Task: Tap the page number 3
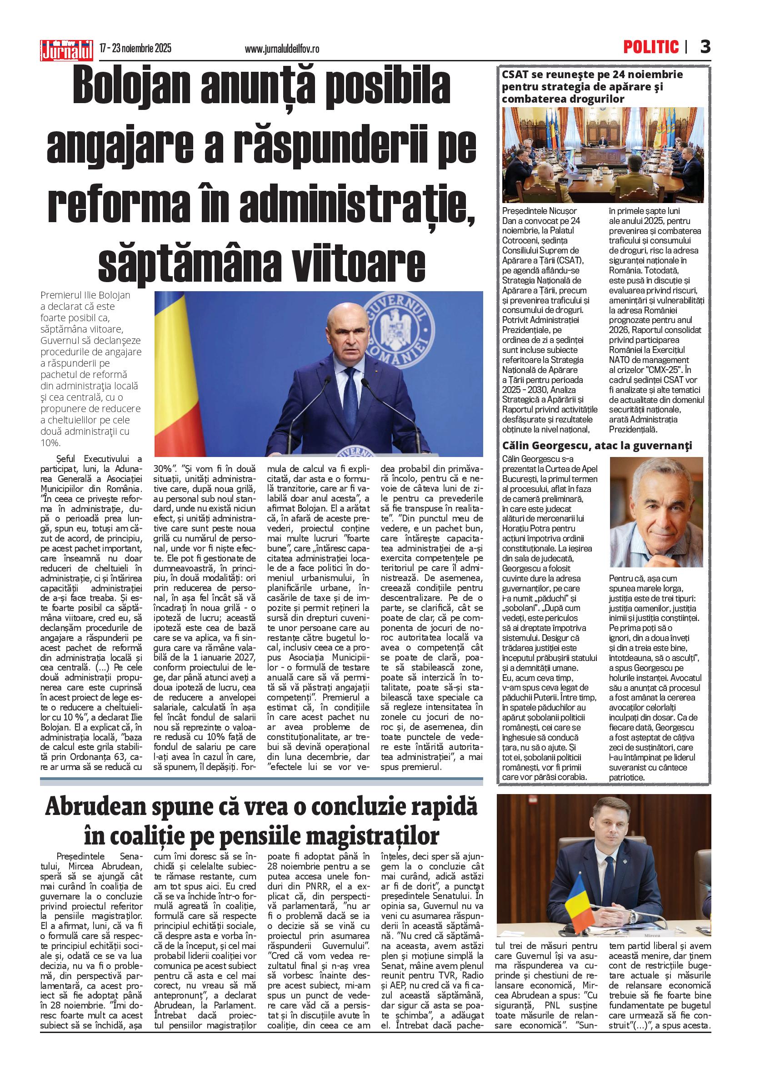coord(705,47)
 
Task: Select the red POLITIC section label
coord(651,47)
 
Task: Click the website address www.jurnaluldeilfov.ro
coord(282,49)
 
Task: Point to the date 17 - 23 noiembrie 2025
coord(135,49)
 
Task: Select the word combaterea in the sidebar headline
coord(536,99)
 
